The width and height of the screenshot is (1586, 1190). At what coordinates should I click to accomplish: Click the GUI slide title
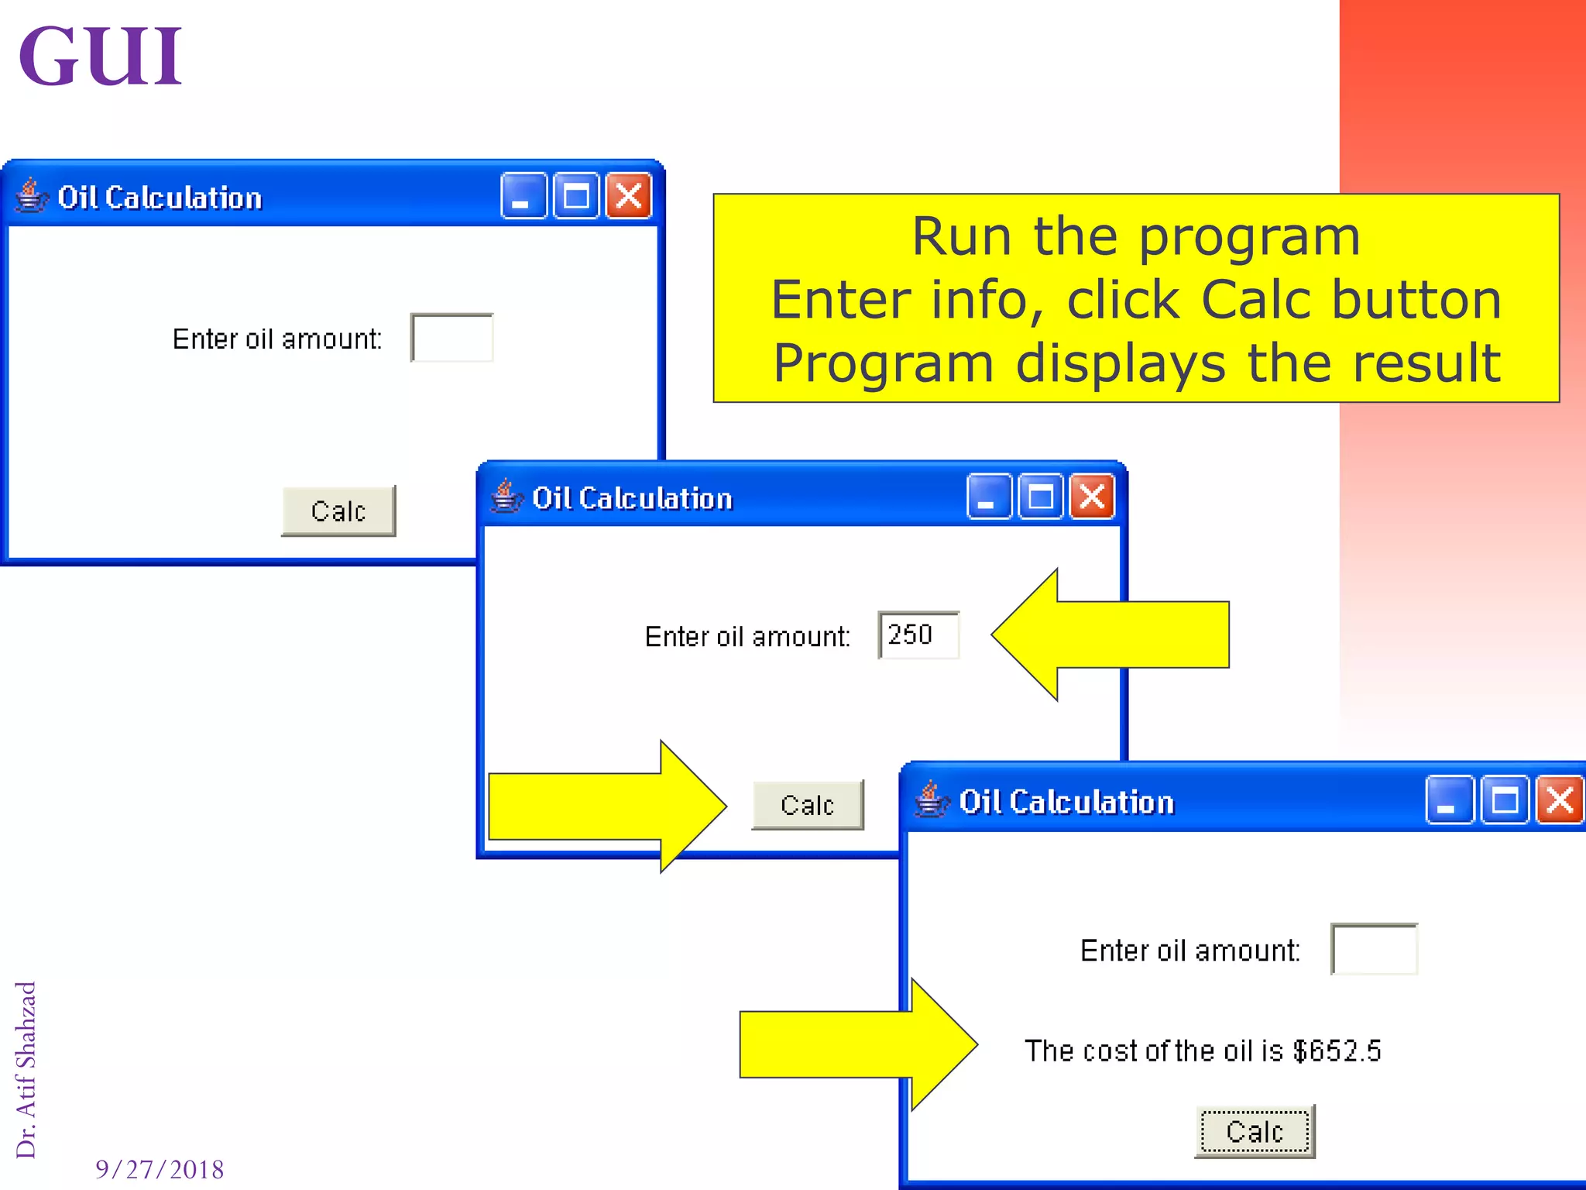pos(100,56)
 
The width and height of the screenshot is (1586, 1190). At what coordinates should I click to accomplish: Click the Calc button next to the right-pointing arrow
pos(807,805)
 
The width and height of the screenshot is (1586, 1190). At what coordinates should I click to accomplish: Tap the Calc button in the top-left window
pos(338,511)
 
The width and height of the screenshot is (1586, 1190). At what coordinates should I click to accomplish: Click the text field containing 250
pos(918,635)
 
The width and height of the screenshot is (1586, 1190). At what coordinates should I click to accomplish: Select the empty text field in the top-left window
pos(452,338)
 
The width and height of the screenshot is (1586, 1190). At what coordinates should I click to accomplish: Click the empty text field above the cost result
pos(1374,949)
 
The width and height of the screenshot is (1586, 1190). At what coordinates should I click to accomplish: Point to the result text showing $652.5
pos(1202,1051)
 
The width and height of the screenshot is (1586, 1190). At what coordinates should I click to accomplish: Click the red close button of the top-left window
pos(628,196)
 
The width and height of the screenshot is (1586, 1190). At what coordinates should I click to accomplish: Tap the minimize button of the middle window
pos(988,497)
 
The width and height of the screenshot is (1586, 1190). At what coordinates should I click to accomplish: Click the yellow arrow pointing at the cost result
pos(856,1044)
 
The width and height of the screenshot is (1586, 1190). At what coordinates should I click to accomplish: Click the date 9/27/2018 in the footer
pos(160,1169)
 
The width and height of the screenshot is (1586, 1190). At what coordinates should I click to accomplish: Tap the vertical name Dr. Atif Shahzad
pos(26,1069)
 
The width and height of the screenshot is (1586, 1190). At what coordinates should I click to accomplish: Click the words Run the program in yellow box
pos(1135,236)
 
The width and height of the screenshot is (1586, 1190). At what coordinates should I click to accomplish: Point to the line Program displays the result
pos(1135,363)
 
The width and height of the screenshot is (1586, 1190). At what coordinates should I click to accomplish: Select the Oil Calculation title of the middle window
pos(632,498)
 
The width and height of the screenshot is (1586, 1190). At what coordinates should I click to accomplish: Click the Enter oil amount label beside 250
pos(747,636)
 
